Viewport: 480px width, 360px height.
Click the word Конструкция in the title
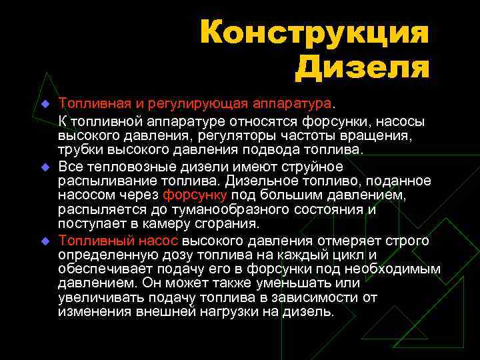pos(313,34)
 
